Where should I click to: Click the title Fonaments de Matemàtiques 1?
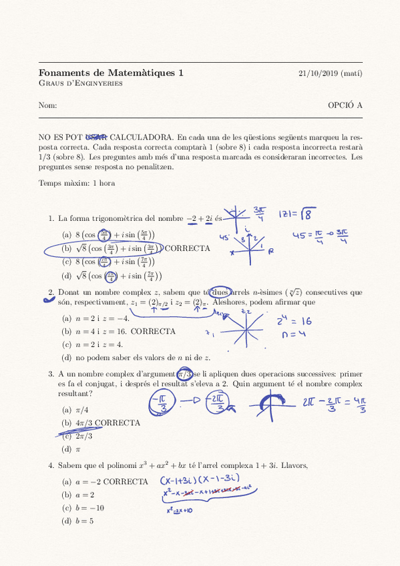(111, 73)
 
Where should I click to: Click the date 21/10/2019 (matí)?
(330, 73)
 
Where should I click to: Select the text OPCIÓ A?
(345, 105)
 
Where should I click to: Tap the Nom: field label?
(47, 105)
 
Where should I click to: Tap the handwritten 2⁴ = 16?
(294, 322)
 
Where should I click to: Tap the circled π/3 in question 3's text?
(186, 375)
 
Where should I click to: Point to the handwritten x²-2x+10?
(179, 511)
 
